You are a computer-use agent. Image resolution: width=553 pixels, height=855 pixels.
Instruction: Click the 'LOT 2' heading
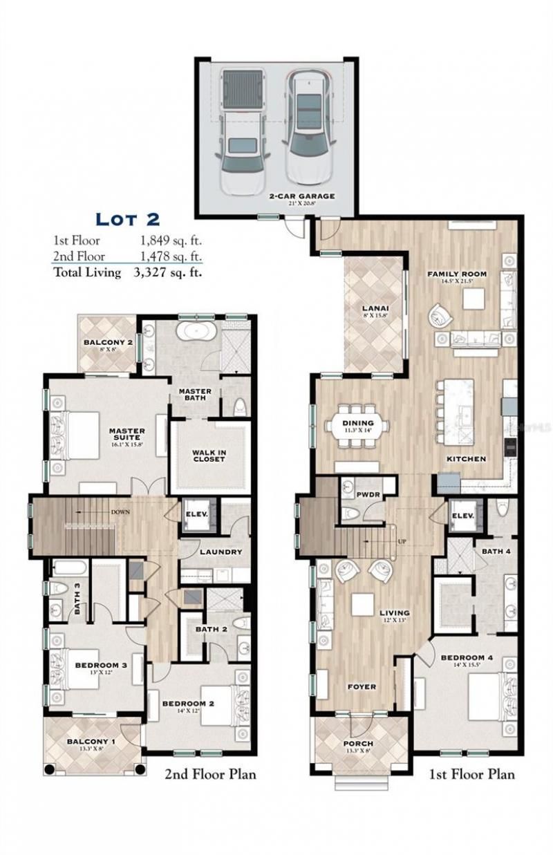coord(127,219)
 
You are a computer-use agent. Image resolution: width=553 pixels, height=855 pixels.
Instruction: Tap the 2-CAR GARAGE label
coord(302,196)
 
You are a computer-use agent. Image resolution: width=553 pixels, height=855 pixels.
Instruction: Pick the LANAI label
coord(373,308)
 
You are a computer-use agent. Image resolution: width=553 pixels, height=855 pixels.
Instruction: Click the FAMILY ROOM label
coord(456,274)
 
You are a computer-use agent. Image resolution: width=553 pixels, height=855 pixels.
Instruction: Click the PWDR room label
coord(365,495)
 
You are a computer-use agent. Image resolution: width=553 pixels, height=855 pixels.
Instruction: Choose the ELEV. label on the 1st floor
coord(462,516)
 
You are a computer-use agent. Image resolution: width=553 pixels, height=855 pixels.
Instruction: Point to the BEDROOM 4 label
coord(467,657)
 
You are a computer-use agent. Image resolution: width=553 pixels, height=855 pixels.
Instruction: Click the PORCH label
coord(357,744)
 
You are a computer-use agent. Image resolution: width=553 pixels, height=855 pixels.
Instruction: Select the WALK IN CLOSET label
coord(209,456)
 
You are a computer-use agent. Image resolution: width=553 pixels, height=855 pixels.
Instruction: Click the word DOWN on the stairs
coord(120,512)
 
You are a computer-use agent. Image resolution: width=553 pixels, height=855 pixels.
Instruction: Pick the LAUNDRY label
coord(221,552)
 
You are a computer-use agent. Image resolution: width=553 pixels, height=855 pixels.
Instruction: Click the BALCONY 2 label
coord(108,343)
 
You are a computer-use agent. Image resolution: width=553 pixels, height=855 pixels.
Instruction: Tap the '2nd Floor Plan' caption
coord(209,773)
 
